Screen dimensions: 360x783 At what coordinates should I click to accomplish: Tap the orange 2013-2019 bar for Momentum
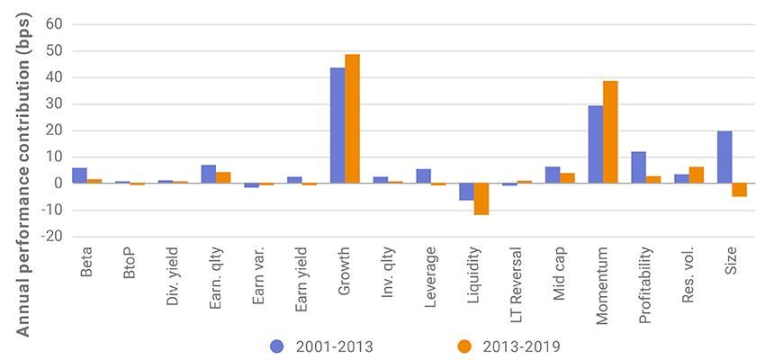point(610,132)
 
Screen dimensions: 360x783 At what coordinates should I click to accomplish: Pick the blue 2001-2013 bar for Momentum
point(596,145)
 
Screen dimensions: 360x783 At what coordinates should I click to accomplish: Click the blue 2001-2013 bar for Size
point(724,157)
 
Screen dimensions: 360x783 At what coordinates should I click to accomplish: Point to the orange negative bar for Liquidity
point(481,199)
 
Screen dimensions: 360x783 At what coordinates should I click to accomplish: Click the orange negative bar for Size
point(739,190)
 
